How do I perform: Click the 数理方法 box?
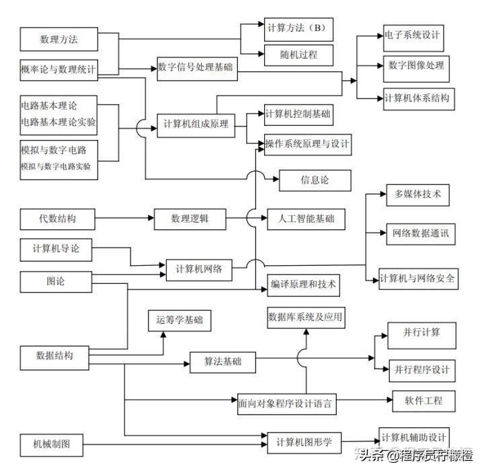pyautogui.click(x=59, y=39)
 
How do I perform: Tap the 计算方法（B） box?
pyautogui.click(x=298, y=28)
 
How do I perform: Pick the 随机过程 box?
pyautogui.click(x=298, y=54)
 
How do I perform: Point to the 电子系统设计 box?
pyautogui.click(x=411, y=34)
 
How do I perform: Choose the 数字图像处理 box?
pyautogui.click(x=415, y=66)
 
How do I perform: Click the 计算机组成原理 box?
pyautogui.click(x=196, y=124)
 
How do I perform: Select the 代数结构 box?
pyautogui.click(x=58, y=219)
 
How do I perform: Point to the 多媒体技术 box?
pyautogui.click(x=417, y=194)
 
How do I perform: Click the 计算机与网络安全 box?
pyautogui.click(x=417, y=278)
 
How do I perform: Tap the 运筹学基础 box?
pyautogui.click(x=179, y=320)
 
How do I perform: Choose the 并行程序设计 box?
pyautogui.click(x=422, y=370)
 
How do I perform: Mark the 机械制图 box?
pyautogui.click(x=57, y=444)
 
